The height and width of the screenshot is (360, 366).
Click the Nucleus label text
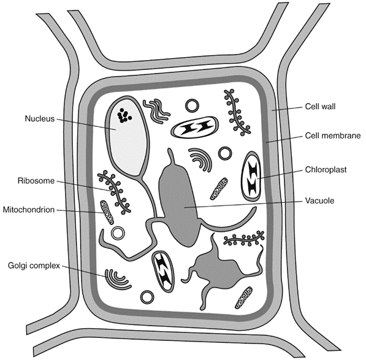pos(40,118)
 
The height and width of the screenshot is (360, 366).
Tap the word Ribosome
pos(36,181)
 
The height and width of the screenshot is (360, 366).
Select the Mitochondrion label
pos(29,210)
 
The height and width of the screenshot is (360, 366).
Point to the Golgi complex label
pos(34,266)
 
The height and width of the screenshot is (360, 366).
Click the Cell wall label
pos(320,107)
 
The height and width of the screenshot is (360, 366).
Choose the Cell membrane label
pos(333,136)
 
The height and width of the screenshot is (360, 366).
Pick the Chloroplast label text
pos(326,170)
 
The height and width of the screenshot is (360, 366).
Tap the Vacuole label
pos(319,201)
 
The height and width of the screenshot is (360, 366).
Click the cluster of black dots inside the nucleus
pos(124,116)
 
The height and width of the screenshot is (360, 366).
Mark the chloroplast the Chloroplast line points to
pos(251,176)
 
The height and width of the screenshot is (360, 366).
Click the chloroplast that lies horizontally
pos(195,128)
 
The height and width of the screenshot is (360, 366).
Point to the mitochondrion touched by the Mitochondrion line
pos(107,212)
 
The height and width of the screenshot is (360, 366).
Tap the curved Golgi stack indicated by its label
pos(118,279)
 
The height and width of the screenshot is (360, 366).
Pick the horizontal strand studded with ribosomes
pos(244,238)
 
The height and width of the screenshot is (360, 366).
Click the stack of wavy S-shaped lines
pos(156,110)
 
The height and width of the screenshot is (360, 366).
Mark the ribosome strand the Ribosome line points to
pos(114,193)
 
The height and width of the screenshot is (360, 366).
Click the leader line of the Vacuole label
pos(243,204)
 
